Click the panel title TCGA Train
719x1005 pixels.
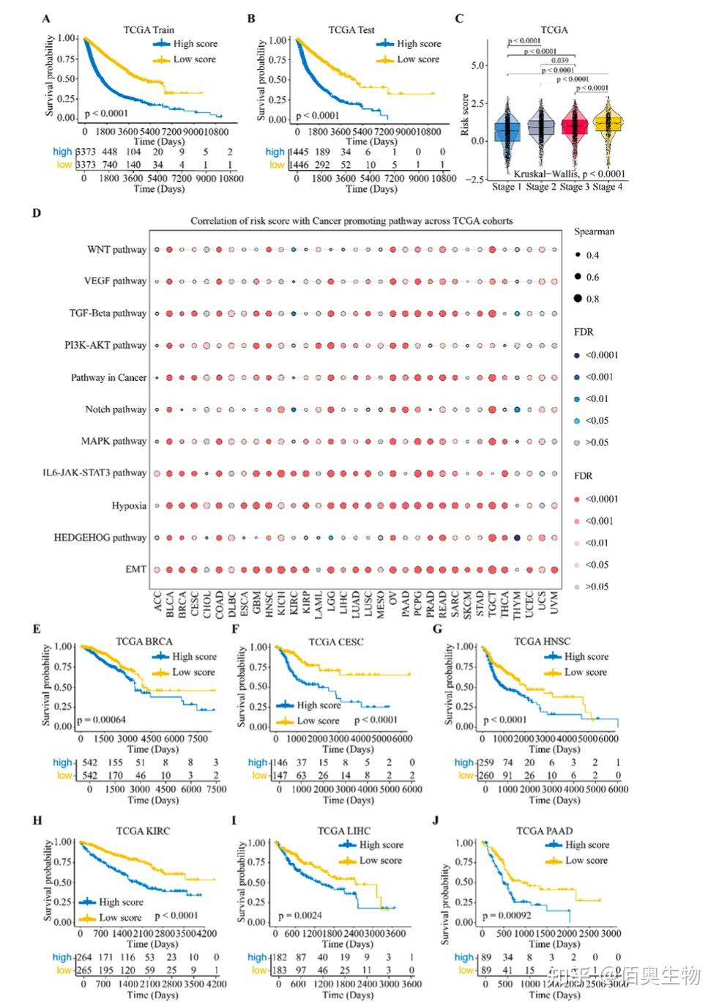click(x=148, y=30)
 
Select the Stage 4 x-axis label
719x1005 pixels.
click(x=608, y=187)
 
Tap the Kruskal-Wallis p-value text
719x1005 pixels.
click(x=569, y=174)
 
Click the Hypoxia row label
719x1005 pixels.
click(x=129, y=505)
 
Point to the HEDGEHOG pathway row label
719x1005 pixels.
click(x=100, y=538)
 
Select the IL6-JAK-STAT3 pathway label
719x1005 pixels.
click(x=94, y=473)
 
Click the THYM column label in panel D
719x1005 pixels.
click(x=517, y=606)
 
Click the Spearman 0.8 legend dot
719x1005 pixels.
click(x=578, y=298)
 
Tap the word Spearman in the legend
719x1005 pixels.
click(x=594, y=231)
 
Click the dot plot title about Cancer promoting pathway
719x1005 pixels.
click(x=351, y=220)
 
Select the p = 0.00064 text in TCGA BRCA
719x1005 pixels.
click(x=101, y=720)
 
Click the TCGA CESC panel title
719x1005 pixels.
click(x=335, y=642)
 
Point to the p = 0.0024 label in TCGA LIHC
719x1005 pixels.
click(x=299, y=916)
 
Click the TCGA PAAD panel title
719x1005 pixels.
click(x=544, y=831)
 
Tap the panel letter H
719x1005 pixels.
click(x=37, y=820)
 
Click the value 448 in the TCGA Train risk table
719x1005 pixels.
click(x=109, y=152)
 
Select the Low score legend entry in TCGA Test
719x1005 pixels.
click(x=417, y=59)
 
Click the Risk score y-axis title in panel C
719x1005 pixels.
click(x=464, y=115)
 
